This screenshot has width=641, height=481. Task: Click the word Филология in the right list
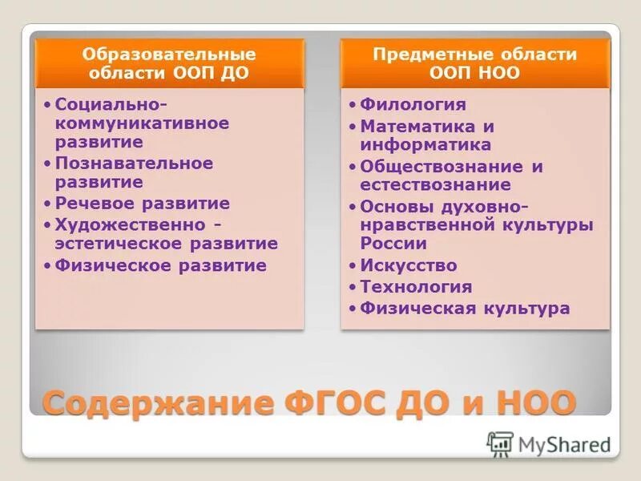tap(413, 105)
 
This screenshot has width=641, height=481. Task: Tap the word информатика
tap(425, 145)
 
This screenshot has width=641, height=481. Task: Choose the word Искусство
tap(409, 265)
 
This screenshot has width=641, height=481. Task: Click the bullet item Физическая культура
tap(465, 309)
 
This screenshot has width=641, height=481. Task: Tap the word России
tap(393, 244)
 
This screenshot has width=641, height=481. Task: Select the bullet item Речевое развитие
tap(143, 204)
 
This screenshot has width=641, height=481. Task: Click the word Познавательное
tap(134, 164)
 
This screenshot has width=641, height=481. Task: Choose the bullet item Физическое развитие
tap(160, 265)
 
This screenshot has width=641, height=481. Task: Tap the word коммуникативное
tap(142, 123)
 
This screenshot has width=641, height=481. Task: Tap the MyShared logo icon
tap(500, 443)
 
